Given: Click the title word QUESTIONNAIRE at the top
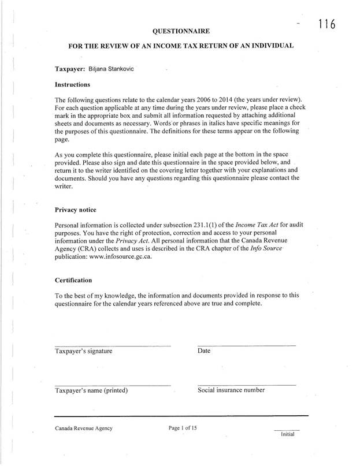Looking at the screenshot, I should point(180,30).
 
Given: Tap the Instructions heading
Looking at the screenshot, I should point(72,84).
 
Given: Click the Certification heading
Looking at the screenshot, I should point(73,280).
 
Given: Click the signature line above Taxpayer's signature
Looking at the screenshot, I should point(113,345).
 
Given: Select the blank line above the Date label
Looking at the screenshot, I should point(246,345).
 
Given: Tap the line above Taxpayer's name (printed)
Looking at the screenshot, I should point(113,385).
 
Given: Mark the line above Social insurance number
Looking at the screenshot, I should point(246,385).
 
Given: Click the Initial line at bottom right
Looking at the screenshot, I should point(287,430).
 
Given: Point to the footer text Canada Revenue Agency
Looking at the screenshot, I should point(84,428).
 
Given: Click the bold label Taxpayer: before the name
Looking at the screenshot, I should point(70,69).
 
